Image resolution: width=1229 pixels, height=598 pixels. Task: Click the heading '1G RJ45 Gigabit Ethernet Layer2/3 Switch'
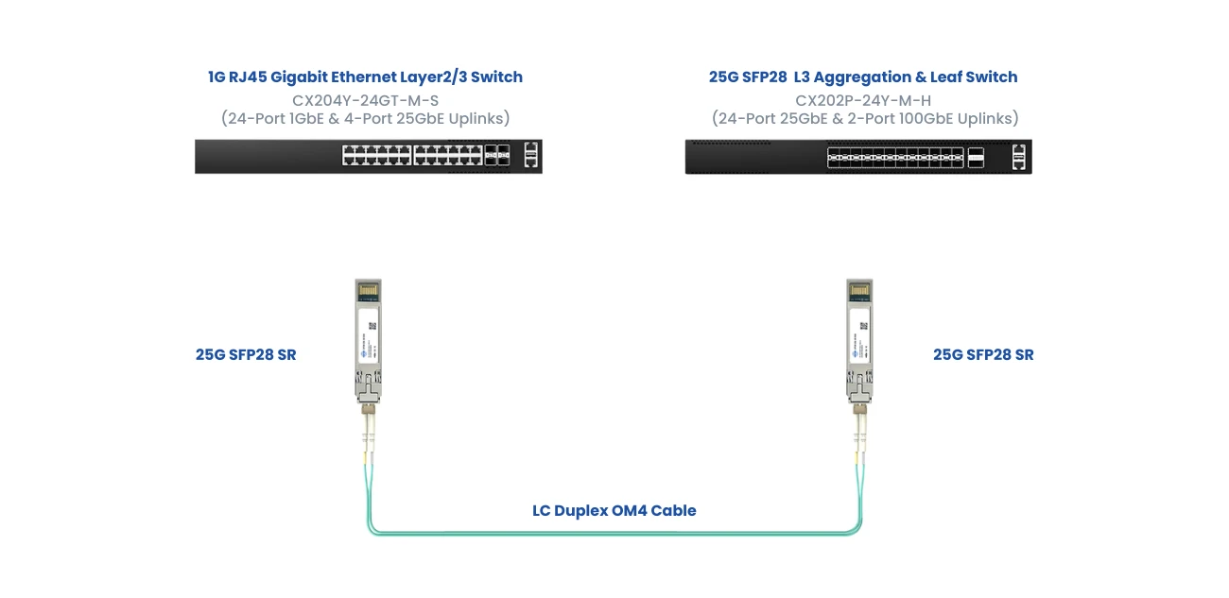point(365,77)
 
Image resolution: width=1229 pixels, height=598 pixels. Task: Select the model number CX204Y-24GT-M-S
point(365,99)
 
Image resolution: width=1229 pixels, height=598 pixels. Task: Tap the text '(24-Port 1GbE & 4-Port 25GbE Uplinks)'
point(365,118)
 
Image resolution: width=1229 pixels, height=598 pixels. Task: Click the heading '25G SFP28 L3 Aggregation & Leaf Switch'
point(863,77)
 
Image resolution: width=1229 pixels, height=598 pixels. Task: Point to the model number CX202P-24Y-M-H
point(863,99)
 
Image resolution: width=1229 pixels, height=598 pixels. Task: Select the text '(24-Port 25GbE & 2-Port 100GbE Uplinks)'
point(863,118)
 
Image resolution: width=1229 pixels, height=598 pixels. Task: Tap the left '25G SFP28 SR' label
point(246,355)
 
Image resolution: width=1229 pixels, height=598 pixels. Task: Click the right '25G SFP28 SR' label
point(983,355)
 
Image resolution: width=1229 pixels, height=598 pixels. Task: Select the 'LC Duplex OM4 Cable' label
point(614,511)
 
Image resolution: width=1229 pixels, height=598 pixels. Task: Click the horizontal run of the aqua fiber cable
point(614,533)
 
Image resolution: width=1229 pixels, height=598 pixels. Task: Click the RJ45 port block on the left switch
point(411,156)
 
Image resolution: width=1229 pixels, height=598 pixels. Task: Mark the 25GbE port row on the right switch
point(894,157)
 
